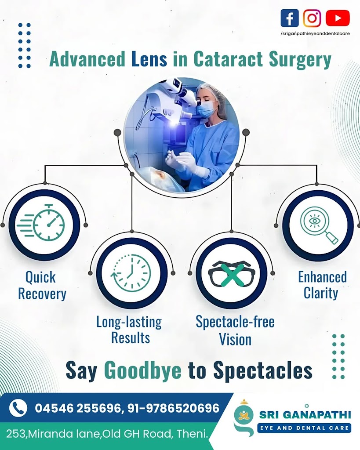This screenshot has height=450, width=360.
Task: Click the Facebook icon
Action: tap(289, 18)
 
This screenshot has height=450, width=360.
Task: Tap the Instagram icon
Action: tap(312, 18)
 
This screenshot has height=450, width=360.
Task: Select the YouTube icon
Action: tap(338, 18)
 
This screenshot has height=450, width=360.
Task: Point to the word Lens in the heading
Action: tap(149, 59)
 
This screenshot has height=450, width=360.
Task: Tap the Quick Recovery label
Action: tap(42, 285)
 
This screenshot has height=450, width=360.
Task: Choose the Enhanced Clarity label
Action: tap(322, 285)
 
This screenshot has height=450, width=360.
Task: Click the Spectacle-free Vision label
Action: tap(235, 330)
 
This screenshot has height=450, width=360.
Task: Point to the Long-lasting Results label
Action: tap(129, 330)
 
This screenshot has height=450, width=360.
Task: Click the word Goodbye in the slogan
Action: tap(142, 370)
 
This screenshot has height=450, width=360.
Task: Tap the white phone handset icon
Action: tap(18, 408)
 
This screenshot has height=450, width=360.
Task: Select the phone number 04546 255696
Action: tap(77, 408)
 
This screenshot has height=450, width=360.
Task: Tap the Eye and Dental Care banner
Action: tap(304, 428)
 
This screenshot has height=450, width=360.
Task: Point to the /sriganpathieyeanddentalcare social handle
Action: tap(315, 33)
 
